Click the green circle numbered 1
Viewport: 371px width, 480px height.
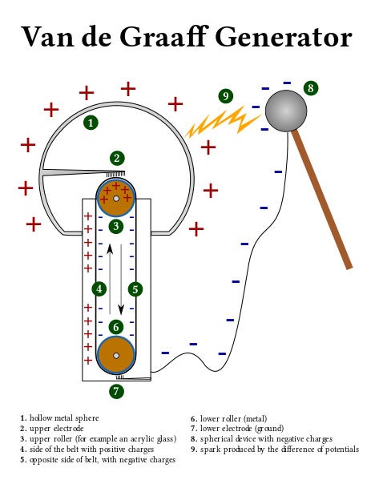click(91, 123)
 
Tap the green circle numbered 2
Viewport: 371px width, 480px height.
click(117, 158)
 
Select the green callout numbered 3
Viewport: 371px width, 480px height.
click(116, 227)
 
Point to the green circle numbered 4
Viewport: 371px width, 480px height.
click(99, 288)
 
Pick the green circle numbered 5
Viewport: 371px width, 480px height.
click(135, 288)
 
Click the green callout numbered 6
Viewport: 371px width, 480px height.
click(116, 327)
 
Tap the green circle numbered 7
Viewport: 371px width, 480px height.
click(117, 391)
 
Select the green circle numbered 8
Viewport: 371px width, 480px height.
click(310, 88)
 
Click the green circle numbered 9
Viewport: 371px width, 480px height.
click(226, 96)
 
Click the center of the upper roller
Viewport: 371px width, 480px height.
click(116, 197)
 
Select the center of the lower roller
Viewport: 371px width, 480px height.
click(116, 355)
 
